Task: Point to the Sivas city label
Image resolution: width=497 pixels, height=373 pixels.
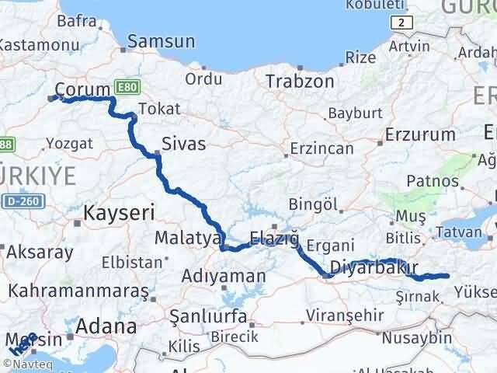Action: [184, 143]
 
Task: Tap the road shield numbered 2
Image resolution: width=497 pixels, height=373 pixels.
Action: [400, 24]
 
